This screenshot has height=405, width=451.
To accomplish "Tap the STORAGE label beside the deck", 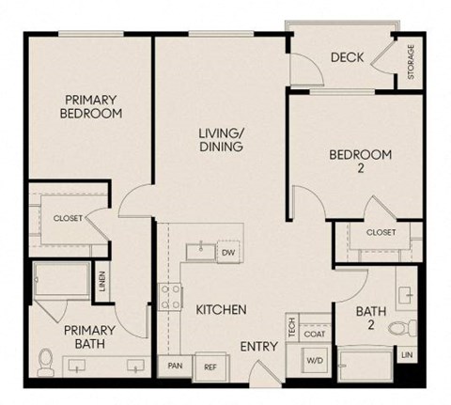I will tap(411, 62).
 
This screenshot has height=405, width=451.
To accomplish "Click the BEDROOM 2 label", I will tap(359, 162).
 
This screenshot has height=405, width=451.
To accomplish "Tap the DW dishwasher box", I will tap(227, 253).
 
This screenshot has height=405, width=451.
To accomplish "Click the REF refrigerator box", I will tap(210, 366).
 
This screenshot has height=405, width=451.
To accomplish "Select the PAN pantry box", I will tap(175, 366).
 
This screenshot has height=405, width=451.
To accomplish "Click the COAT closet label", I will tap(315, 334).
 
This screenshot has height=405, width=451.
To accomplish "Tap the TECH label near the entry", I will tap(293, 328).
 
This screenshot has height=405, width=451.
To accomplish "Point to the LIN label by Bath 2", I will tap(407, 355).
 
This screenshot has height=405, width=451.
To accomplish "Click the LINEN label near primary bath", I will tap(101, 281).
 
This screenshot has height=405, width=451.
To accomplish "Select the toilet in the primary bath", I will tap(45, 358).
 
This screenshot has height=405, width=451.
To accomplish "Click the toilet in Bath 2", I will tap(402, 328).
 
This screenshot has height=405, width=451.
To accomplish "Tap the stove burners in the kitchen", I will tap(172, 297).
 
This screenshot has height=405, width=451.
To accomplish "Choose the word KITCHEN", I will tap(221, 309).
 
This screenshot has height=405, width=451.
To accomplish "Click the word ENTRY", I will tap(258, 347).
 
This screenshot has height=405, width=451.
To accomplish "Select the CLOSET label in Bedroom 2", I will tap(380, 232).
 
